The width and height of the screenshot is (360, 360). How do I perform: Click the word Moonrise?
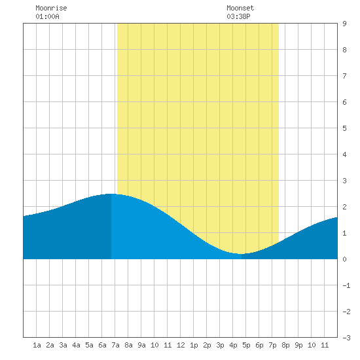51,8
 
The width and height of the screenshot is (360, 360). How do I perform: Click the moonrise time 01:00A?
47,16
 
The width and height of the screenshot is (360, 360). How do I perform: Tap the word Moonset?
240,8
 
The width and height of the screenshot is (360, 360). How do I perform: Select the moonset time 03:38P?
238,16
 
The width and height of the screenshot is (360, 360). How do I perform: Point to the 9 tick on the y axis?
344,24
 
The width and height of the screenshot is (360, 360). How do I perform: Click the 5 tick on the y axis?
344,128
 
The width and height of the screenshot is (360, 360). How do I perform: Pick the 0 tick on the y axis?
344,259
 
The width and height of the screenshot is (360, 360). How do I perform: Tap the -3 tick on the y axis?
346,338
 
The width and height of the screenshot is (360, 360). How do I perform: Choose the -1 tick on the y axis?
346,285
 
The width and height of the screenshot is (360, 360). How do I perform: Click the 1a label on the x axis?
37,345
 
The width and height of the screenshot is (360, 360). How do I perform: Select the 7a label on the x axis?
115,345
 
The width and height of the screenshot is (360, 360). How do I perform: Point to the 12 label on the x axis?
181,345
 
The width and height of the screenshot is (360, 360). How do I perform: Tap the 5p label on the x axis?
246,345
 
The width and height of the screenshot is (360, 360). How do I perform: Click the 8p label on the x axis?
285,345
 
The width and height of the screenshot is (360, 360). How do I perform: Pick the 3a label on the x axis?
63,345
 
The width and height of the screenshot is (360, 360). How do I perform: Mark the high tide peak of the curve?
111,194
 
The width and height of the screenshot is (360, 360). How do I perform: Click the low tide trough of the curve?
241,254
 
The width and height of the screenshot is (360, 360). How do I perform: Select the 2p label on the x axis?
207,345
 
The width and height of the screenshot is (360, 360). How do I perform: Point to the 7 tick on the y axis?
344,76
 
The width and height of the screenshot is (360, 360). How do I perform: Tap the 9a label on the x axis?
141,345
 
